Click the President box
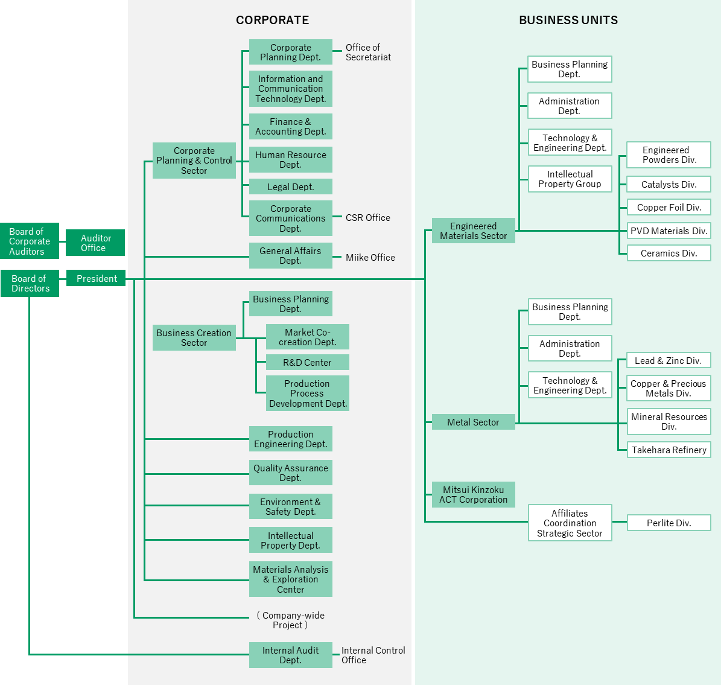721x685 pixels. (x=96, y=278)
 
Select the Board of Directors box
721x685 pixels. (x=30, y=283)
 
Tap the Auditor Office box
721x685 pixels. (x=95, y=243)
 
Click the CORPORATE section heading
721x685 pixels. (x=272, y=21)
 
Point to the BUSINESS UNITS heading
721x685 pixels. (x=568, y=21)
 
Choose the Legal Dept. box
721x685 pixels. (x=290, y=186)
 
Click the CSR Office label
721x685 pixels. (x=367, y=218)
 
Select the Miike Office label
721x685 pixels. (x=370, y=258)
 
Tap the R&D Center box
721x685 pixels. (x=307, y=362)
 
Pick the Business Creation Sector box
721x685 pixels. (x=194, y=337)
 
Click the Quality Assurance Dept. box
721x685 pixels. (x=290, y=473)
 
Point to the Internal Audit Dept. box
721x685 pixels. (x=290, y=655)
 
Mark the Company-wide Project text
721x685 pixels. (x=290, y=620)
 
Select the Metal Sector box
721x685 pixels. (x=473, y=422)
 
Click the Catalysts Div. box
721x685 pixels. (x=669, y=185)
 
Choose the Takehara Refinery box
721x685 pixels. (x=669, y=450)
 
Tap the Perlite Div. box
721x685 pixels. (x=669, y=523)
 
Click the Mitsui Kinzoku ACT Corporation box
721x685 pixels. (x=473, y=494)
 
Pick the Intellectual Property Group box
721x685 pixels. (x=570, y=179)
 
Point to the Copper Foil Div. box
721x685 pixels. (x=669, y=208)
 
